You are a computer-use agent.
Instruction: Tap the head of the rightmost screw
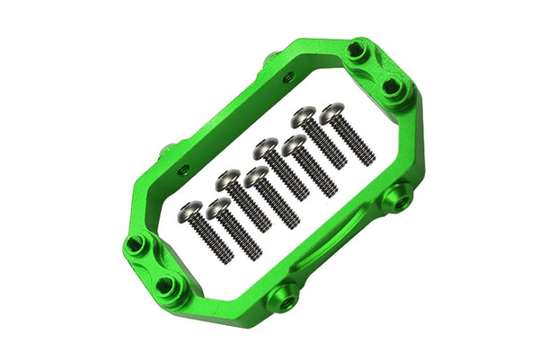(332, 111)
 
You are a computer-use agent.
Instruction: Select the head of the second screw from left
(216, 209)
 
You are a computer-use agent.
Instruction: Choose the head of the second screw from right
(304, 115)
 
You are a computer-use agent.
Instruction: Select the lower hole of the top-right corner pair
(392, 86)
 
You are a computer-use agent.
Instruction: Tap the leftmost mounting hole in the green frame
(135, 244)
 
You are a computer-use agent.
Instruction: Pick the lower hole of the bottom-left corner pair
(165, 287)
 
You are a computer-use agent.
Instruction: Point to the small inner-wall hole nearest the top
(287, 78)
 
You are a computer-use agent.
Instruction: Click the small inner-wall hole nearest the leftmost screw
(183, 169)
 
